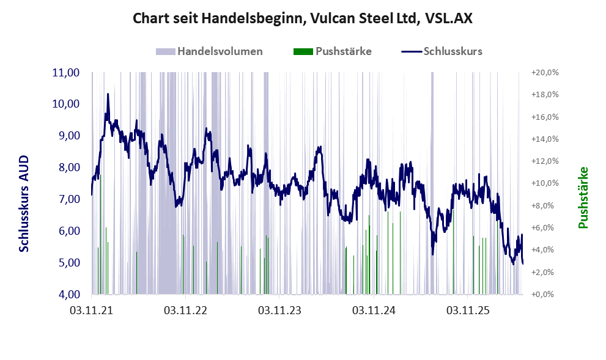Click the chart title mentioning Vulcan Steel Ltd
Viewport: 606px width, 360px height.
303,18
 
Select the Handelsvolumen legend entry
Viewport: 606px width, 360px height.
209,51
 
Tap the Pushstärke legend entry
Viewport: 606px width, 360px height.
333,51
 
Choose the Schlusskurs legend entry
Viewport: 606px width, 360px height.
442,51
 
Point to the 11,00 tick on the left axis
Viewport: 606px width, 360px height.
65,73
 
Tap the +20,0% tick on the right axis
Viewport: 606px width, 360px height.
545,73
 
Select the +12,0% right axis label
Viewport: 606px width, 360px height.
545,161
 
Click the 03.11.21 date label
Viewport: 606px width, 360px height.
92,310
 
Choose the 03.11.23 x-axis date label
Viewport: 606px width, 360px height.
280,310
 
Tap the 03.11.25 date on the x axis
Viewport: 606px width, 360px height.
468,310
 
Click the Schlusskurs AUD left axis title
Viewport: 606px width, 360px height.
24,204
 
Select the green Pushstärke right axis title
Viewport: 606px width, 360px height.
583,197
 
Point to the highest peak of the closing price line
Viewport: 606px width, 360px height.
108,94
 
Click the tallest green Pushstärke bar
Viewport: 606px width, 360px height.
100,235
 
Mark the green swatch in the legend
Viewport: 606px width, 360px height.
303,52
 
